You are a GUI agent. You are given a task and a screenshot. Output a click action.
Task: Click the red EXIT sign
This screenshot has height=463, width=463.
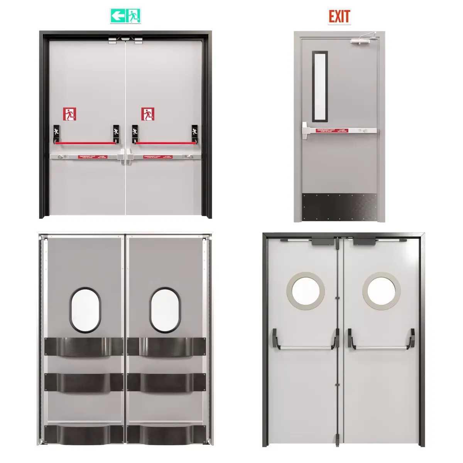point(339,17)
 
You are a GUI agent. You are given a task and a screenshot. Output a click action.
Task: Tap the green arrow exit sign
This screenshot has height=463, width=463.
point(125,16)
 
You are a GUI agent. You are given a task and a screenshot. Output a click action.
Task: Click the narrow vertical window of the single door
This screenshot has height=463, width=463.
point(320,86)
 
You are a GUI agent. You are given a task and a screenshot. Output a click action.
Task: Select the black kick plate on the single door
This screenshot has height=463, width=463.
point(340,207)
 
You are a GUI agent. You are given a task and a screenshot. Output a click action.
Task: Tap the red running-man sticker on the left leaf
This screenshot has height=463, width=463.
point(69,114)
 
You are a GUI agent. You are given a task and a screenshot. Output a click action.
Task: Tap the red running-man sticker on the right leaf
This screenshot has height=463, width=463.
point(148,114)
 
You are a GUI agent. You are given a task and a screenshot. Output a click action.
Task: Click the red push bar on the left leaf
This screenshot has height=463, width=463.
point(85,143)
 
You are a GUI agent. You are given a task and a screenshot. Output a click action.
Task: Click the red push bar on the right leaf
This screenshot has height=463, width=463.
point(165,143)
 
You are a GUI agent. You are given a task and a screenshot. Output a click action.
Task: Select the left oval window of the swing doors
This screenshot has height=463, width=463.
point(85,310)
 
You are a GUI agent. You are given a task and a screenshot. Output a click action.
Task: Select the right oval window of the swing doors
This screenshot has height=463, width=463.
point(165,310)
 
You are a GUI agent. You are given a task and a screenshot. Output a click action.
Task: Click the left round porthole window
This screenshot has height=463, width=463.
point(305,291)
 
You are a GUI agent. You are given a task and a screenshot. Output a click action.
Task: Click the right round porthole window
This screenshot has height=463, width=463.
point(381,291)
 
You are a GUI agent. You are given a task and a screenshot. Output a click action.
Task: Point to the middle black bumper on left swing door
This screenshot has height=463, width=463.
point(84,382)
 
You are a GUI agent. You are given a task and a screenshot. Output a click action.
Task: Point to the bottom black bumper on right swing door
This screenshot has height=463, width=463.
point(166,434)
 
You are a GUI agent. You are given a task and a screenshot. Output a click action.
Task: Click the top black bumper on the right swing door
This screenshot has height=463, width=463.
point(166,346)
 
